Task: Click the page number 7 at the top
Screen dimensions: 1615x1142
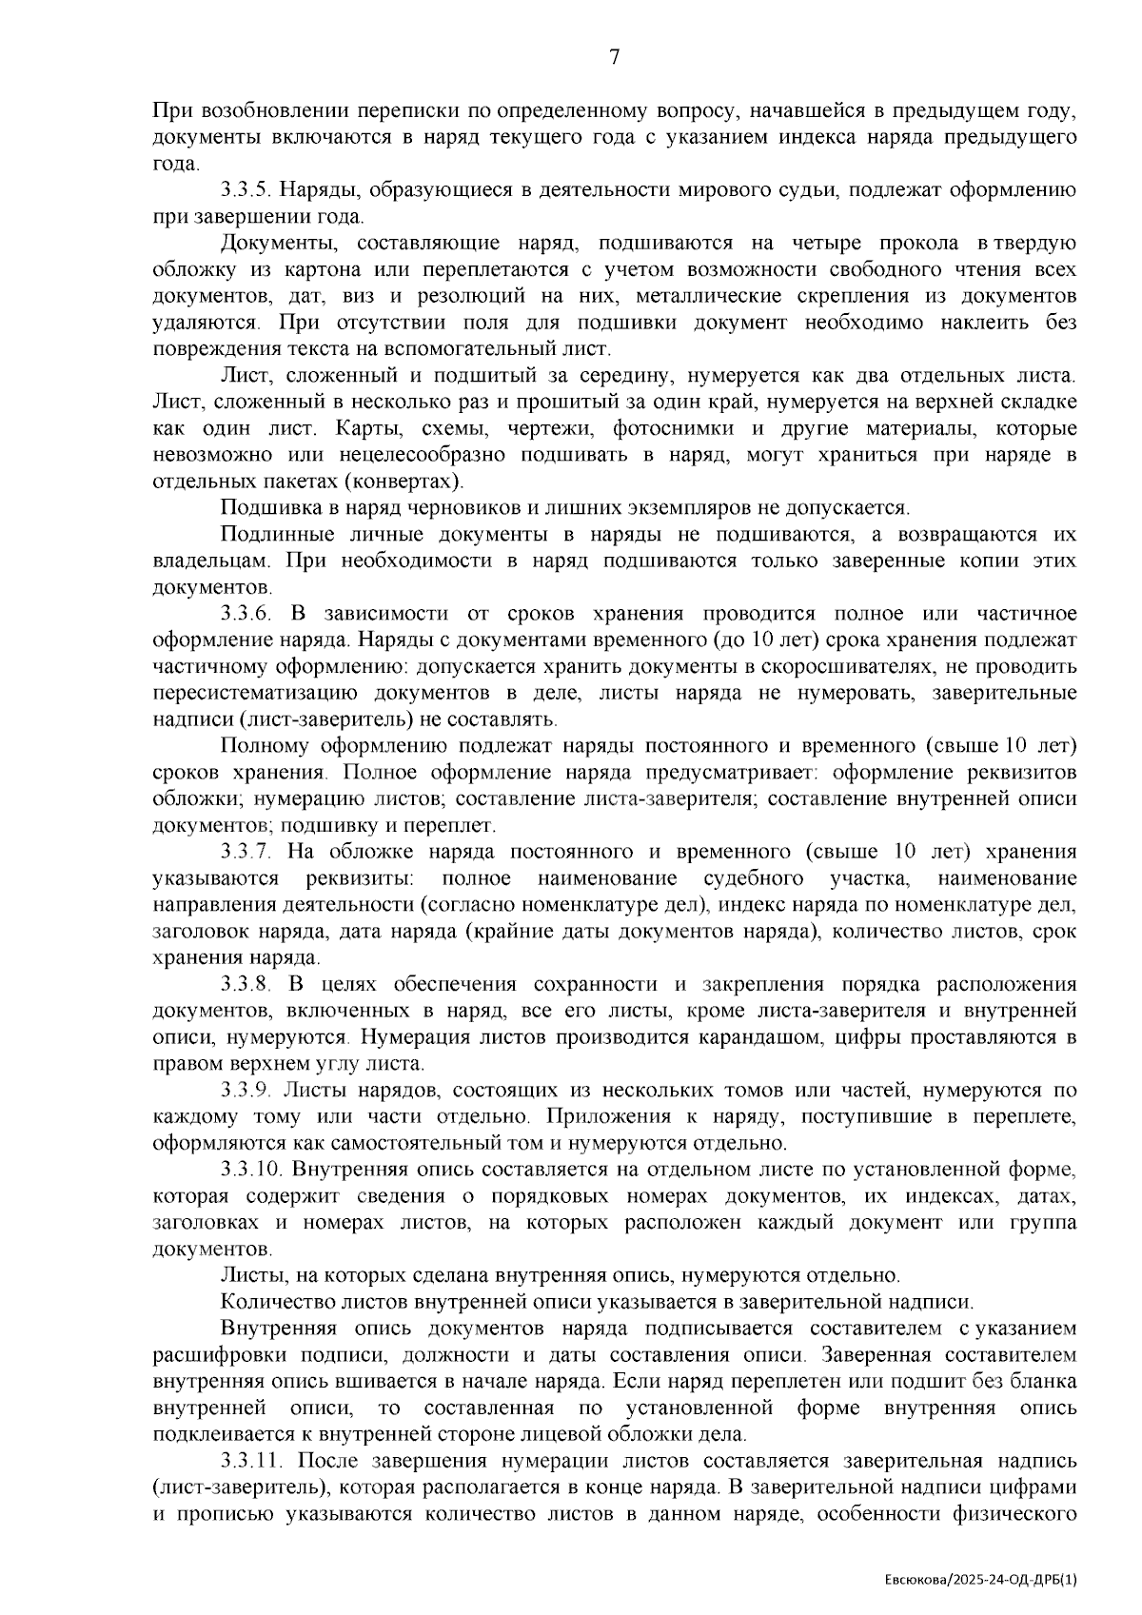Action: coord(614,58)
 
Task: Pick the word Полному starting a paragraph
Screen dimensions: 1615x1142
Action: coord(257,745)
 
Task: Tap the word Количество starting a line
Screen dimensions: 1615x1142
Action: coord(270,1301)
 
